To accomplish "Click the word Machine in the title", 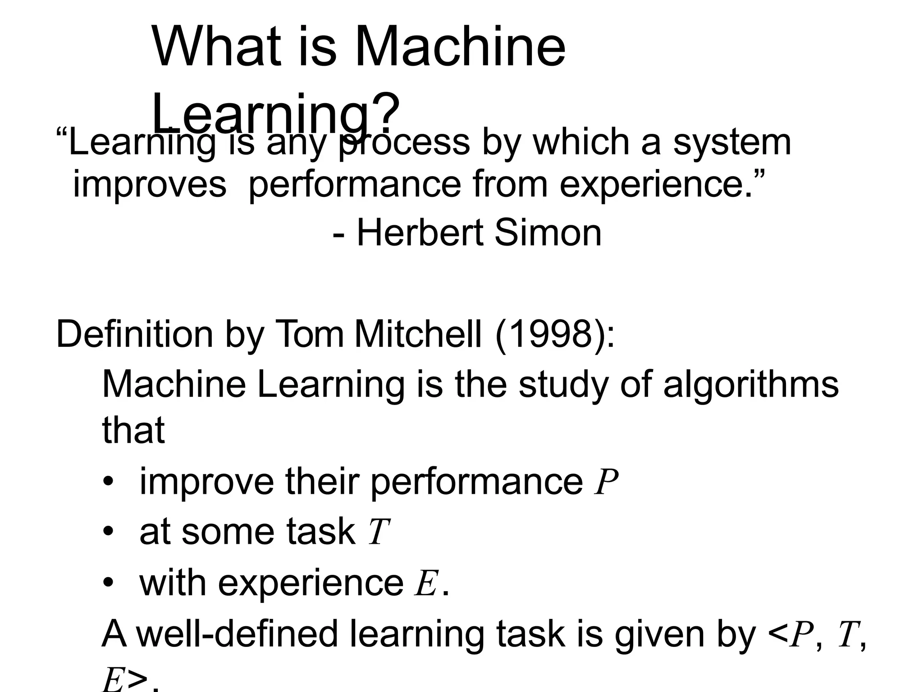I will [x=460, y=47].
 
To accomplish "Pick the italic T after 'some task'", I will [x=378, y=532].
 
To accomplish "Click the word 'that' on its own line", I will [x=133, y=430].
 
